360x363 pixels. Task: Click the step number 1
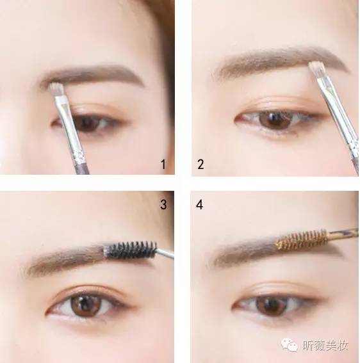tap(163, 165)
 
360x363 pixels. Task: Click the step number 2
tap(200, 165)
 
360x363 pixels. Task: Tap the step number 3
tap(163, 206)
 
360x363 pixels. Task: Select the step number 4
tap(200, 206)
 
